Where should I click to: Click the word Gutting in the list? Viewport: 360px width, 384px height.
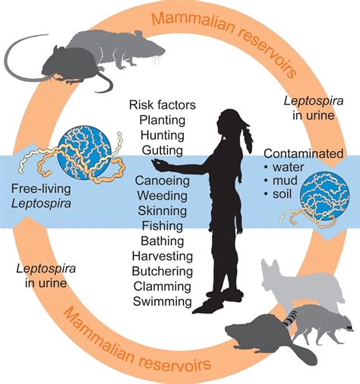pyautogui.click(x=162, y=150)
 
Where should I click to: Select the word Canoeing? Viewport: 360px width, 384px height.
pyautogui.click(x=162, y=181)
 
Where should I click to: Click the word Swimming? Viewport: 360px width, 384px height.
pyautogui.click(x=162, y=301)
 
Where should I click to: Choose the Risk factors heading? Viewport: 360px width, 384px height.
pyautogui.click(x=162, y=104)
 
